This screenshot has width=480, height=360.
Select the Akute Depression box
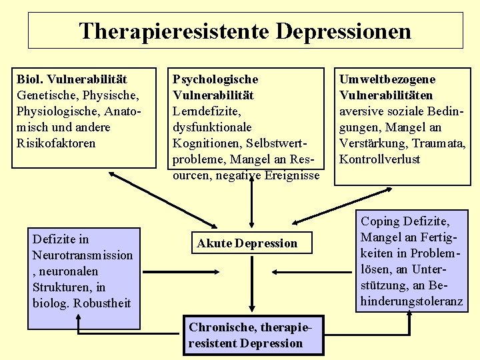[x=247, y=243]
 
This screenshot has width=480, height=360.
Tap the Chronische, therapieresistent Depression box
[x=246, y=335]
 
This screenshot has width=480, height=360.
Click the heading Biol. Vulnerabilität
[x=72, y=79]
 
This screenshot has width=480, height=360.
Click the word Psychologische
[x=215, y=79]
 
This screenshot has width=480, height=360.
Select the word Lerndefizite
[x=206, y=111]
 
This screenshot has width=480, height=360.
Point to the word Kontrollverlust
[x=379, y=159]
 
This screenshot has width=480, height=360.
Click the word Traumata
[x=439, y=143]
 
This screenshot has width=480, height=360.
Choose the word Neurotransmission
[x=82, y=255]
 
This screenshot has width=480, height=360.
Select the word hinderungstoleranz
[x=411, y=301]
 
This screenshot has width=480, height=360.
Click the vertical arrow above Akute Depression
[x=251, y=203]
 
